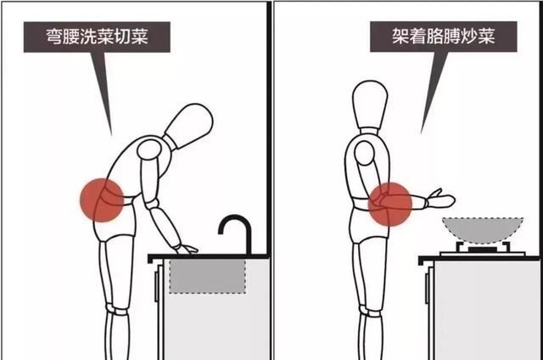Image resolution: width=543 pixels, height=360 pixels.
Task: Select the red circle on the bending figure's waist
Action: tap(102, 200)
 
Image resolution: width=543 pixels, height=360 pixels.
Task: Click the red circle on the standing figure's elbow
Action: tap(391, 205)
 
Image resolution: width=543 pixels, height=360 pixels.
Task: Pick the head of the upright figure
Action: tap(370, 103)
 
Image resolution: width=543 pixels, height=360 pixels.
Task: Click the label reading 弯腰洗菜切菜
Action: tap(98, 37)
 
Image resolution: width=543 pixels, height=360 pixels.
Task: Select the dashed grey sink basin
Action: tap(207, 276)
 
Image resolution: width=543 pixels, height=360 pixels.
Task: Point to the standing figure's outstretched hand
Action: tap(442, 201)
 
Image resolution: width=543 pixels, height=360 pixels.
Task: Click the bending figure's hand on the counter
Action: tap(185, 248)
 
